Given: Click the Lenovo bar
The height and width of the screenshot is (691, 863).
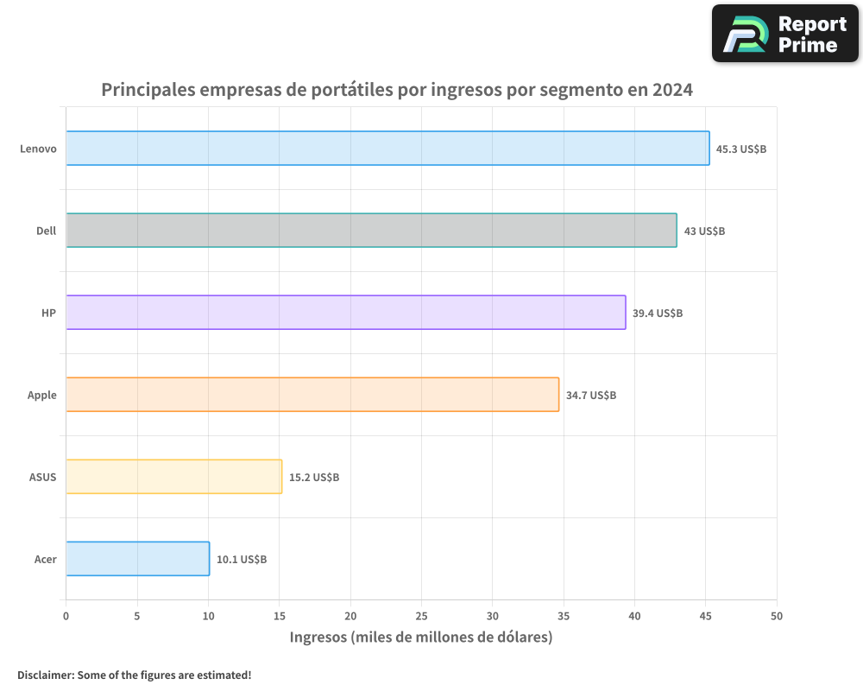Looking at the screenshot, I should (x=387, y=149).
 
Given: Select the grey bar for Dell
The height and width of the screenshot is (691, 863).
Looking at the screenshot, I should (x=371, y=231).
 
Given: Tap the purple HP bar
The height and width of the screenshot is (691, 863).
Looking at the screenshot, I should (x=345, y=313).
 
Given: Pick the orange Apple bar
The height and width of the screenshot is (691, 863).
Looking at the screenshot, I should (x=312, y=395).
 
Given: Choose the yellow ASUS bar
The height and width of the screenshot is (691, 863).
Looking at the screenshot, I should (x=173, y=477).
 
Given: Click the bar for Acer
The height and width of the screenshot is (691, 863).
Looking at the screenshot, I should (x=137, y=559).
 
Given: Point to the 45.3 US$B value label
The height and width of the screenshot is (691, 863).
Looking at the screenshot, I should (x=741, y=149).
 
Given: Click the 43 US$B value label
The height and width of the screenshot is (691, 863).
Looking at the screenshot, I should (x=704, y=231).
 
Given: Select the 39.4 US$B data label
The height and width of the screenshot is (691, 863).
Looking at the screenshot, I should (x=658, y=314).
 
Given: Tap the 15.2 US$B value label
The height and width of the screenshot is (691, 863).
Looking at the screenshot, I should (x=314, y=478).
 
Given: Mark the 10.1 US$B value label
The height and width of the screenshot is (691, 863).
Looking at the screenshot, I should (x=242, y=560).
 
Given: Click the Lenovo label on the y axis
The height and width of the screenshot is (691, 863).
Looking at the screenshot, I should (x=39, y=149).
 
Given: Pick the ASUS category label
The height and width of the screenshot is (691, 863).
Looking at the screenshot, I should (x=42, y=478).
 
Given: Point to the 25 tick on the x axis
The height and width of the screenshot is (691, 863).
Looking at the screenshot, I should (x=421, y=616).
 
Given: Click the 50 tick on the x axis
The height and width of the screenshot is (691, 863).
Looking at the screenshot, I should (x=777, y=616).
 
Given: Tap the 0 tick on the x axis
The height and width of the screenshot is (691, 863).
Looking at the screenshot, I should (x=66, y=616).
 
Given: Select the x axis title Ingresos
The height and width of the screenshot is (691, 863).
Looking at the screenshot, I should (x=421, y=637).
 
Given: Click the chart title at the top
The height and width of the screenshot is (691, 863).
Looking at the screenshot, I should (x=397, y=90).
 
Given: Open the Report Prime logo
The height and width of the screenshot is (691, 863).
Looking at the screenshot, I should (x=785, y=34).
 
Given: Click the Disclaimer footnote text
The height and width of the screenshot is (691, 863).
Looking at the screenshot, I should (x=135, y=675).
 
